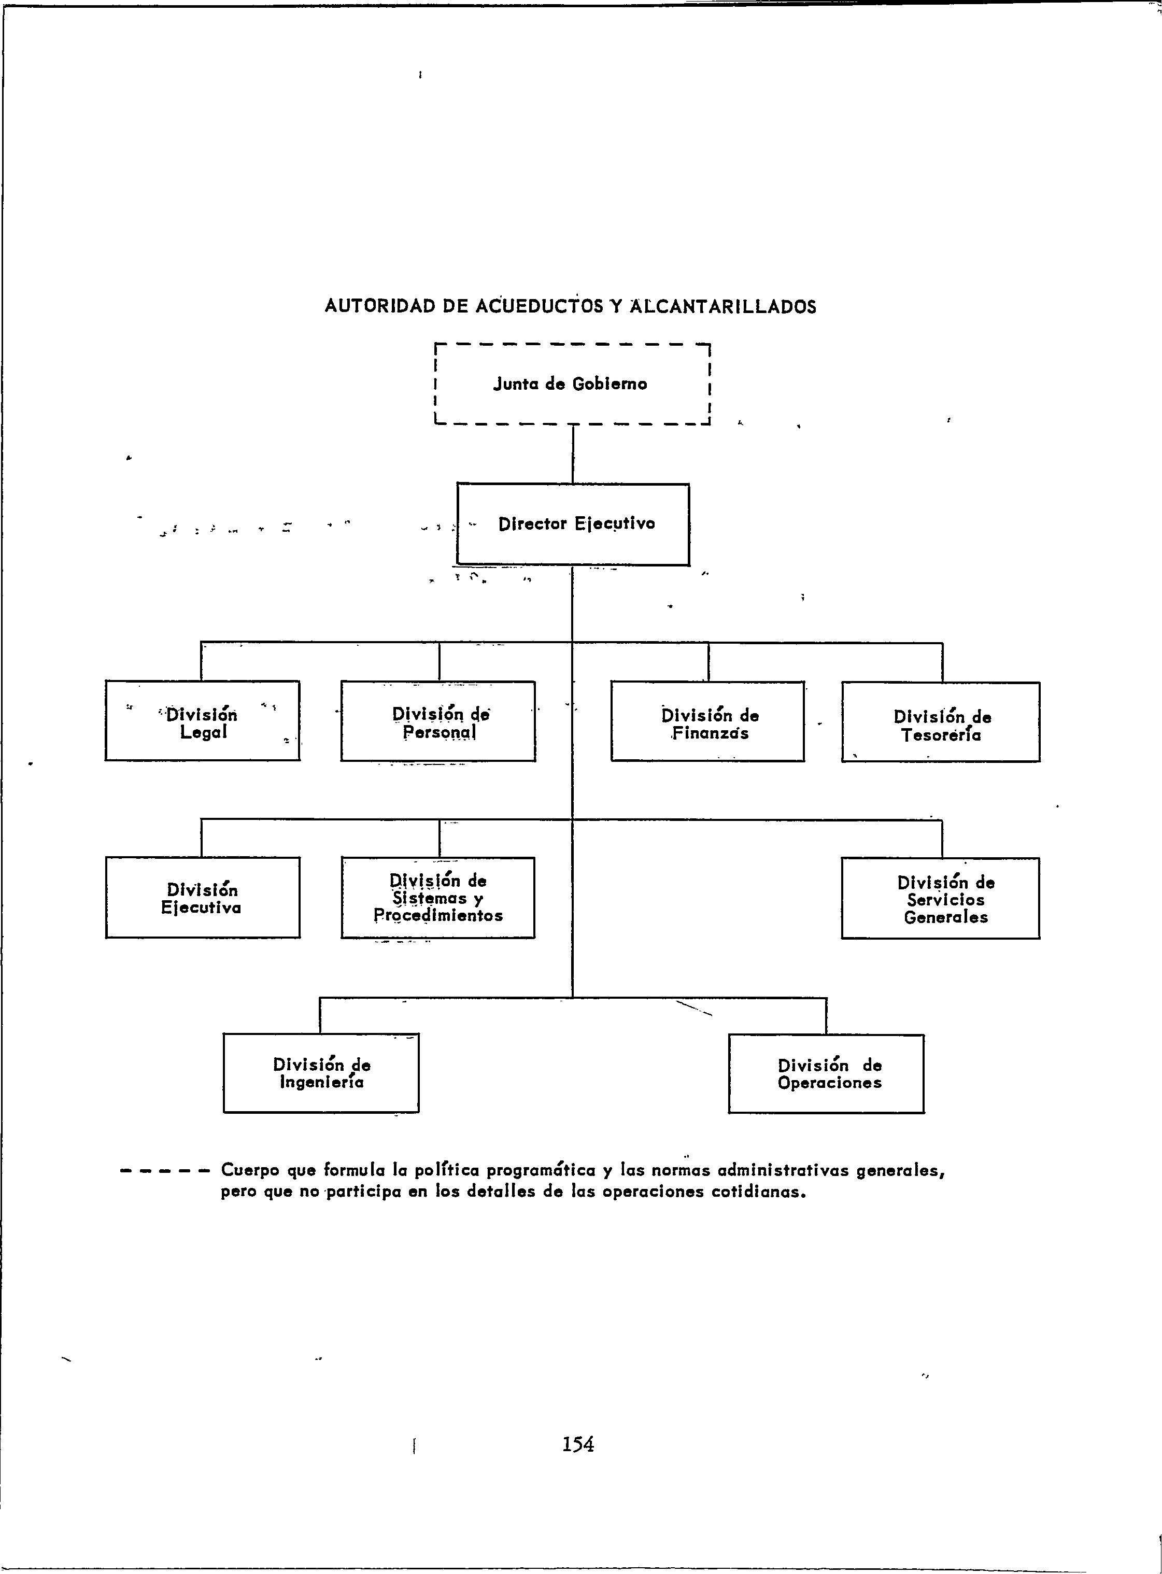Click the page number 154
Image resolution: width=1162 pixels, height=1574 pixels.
click(578, 1444)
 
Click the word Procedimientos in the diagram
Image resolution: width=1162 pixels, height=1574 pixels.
click(438, 916)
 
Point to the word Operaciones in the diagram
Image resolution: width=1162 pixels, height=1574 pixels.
click(829, 1083)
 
